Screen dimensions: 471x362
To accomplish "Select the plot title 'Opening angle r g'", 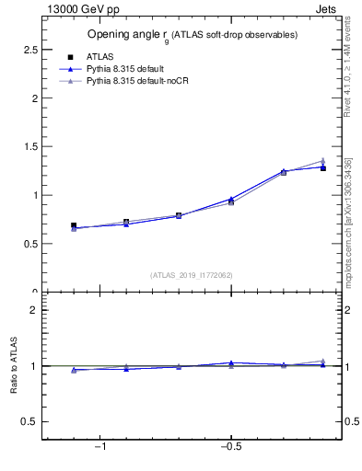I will (192, 35).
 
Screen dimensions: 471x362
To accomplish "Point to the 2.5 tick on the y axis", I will (31, 49).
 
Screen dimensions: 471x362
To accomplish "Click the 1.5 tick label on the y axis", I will (31, 146).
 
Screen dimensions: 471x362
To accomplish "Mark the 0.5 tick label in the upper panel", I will (31, 244).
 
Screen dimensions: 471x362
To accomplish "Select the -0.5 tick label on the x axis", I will (230, 447).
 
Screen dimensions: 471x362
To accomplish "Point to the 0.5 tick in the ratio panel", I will (31, 421).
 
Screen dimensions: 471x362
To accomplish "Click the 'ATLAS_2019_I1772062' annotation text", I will (191, 275).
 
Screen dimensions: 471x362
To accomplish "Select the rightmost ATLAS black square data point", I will (322, 168).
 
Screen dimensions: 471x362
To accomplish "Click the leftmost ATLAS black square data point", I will (74, 225).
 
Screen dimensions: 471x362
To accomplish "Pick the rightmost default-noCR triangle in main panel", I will (322, 161).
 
